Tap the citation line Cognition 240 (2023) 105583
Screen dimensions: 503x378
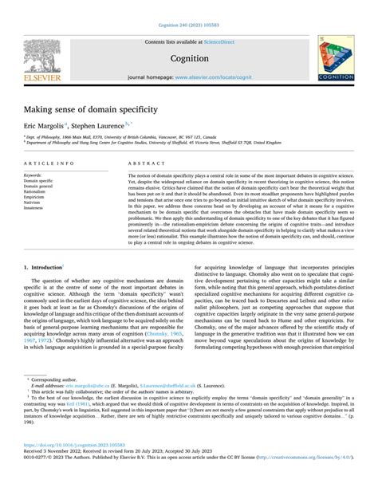tap(189, 6)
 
